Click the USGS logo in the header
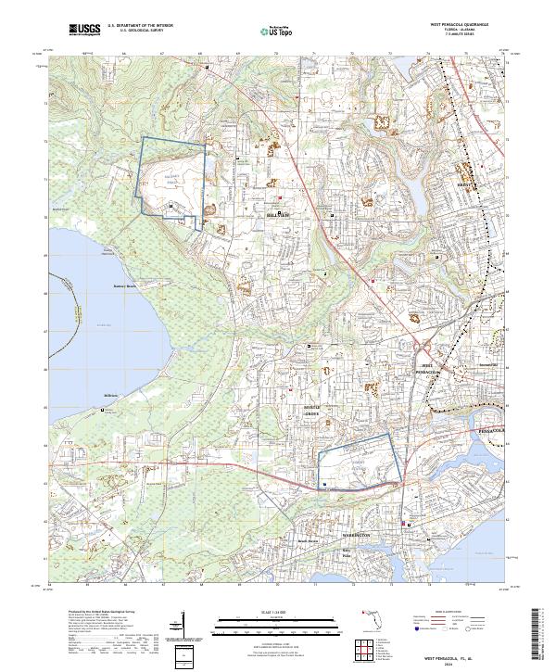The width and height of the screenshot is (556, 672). coord(82,31)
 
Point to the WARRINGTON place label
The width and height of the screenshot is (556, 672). coord(353,536)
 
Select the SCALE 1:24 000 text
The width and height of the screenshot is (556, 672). coord(278,611)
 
